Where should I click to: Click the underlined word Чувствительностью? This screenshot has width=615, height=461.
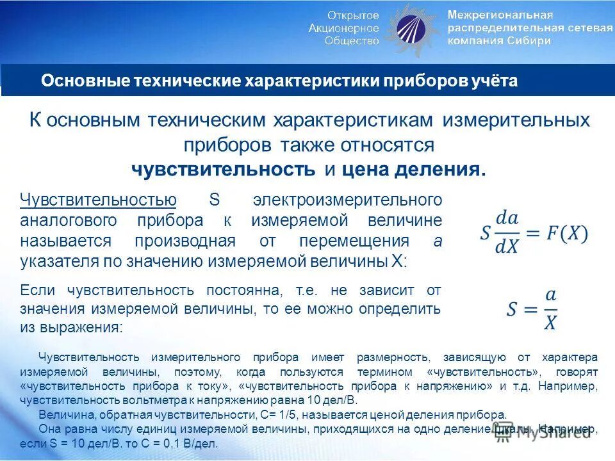[98, 200]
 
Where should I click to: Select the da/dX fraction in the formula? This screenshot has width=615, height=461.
[507, 233]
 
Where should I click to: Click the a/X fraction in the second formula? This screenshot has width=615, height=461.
[550, 310]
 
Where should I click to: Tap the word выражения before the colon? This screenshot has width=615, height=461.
[81, 327]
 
